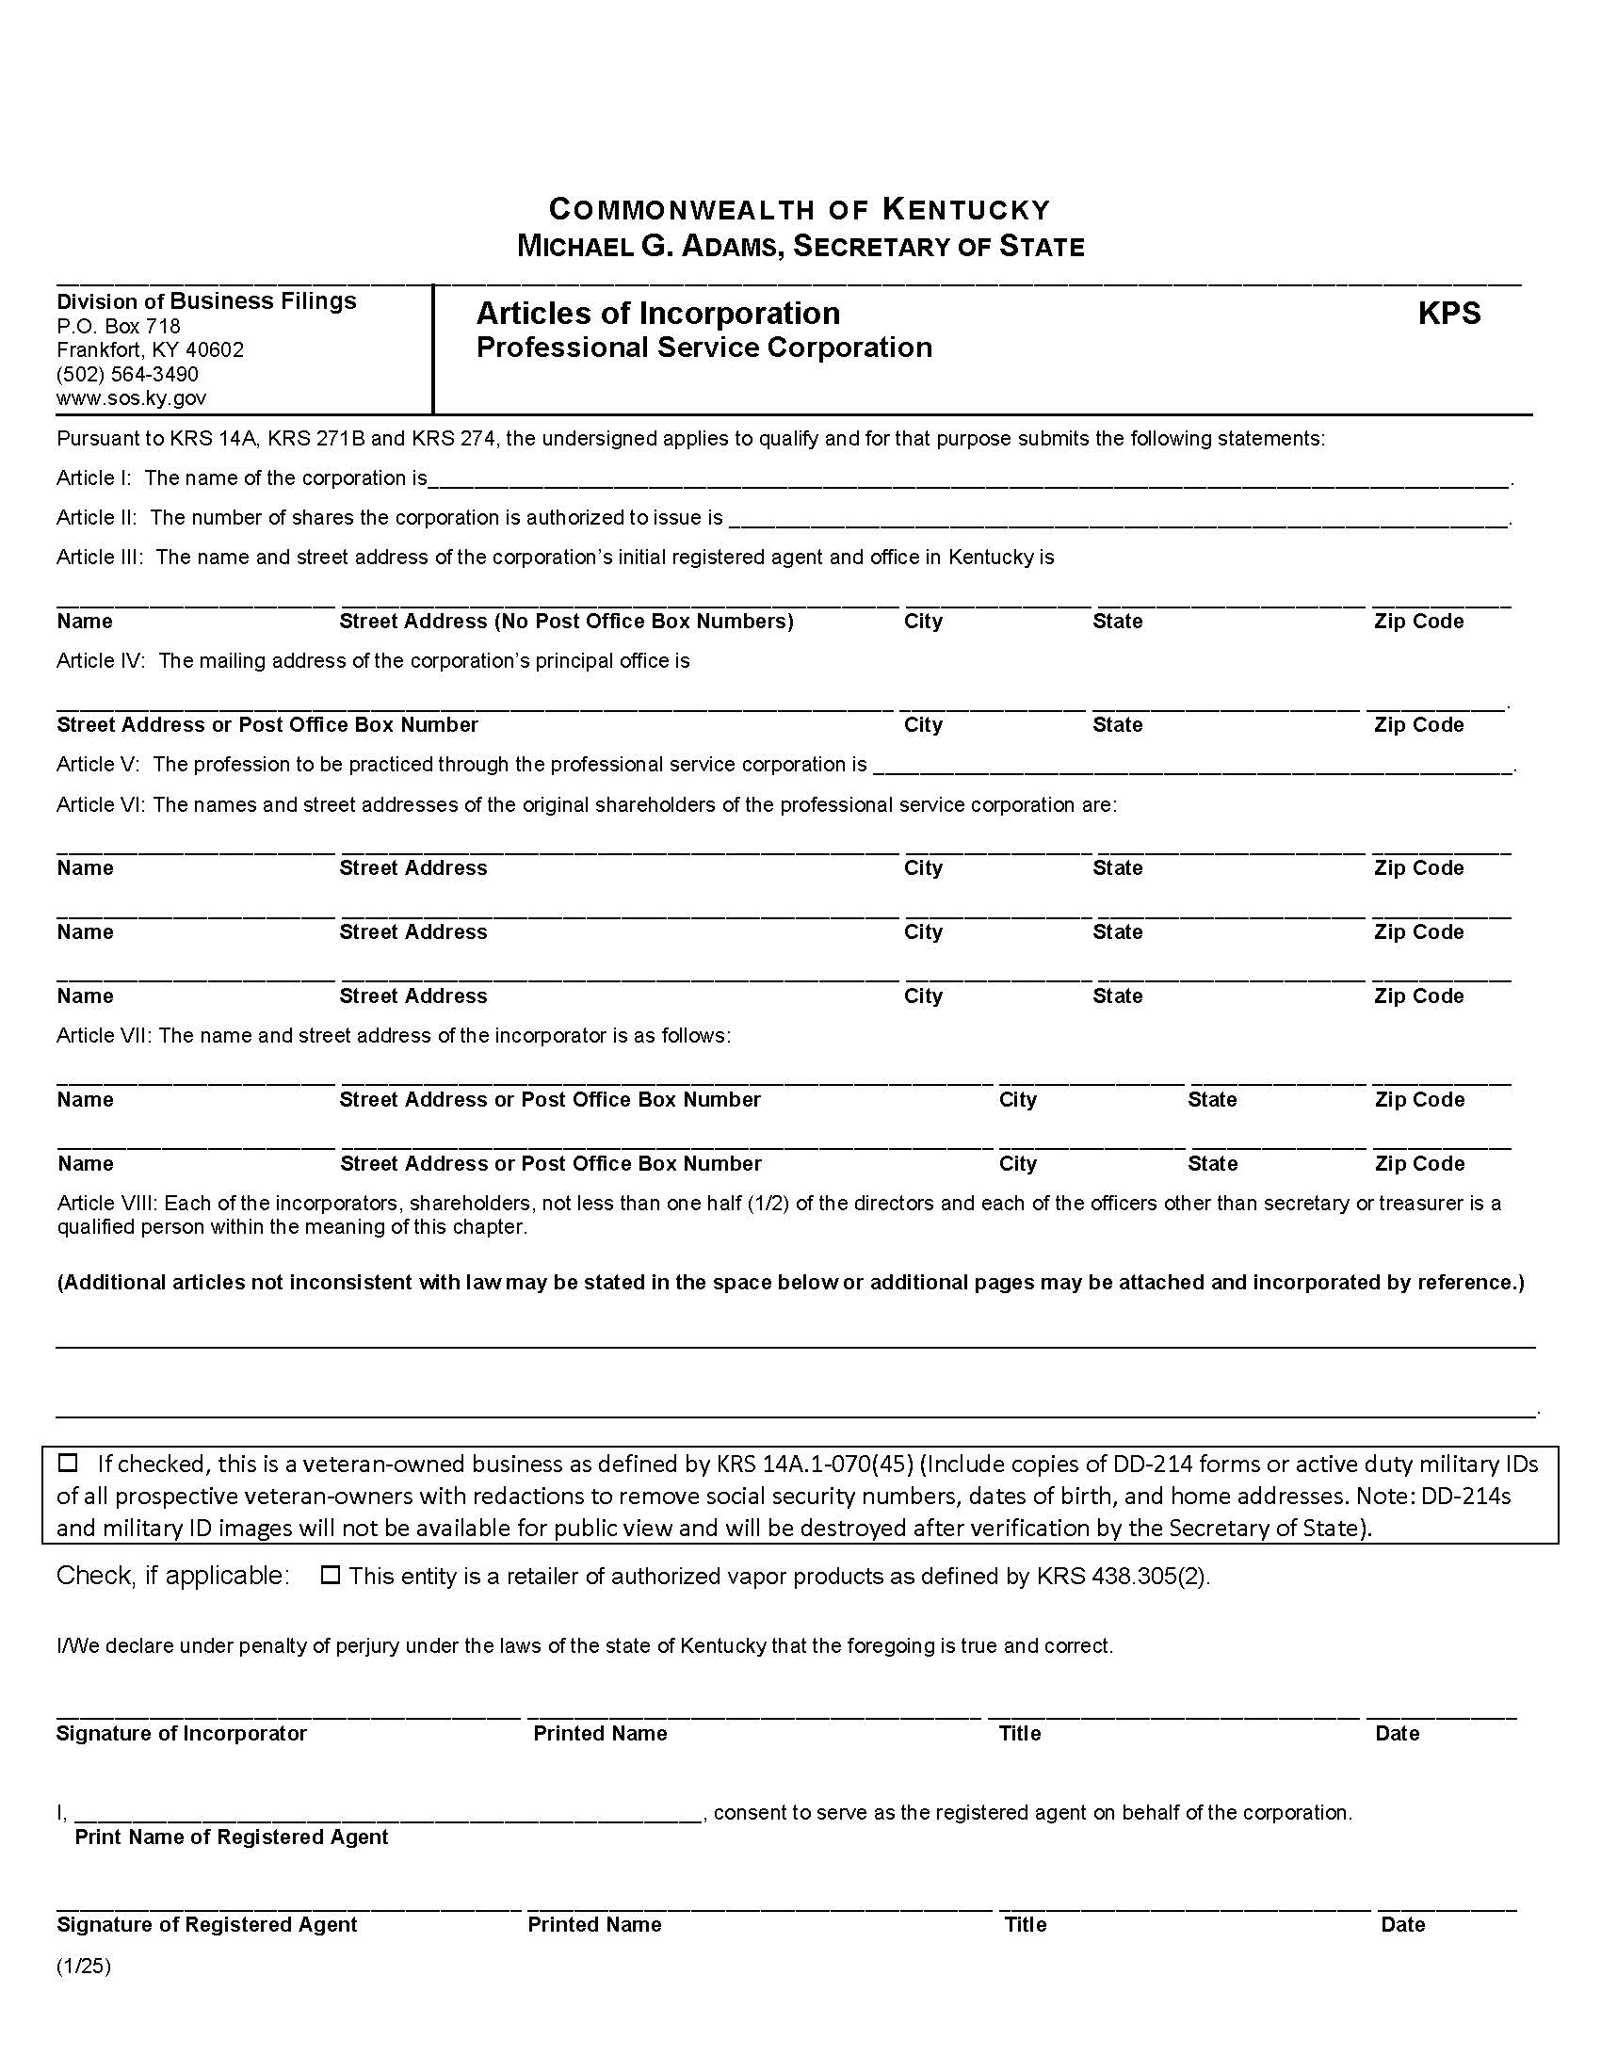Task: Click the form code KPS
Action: click(1448, 314)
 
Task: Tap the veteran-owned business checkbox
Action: click(68, 1462)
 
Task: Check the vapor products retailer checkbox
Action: click(330, 1575)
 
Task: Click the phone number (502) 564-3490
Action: click(127, 374)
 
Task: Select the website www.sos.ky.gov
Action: click(131, 398)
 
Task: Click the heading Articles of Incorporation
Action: click(657, 314)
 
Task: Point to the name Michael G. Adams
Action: click(650, 247)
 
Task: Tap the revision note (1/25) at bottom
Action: click(84, 1967)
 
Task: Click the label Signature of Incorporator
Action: click(181, 1733)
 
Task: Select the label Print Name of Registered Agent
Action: click(232, 1837)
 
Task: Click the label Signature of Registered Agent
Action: click(207, 1924)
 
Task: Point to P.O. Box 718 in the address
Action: click(119, 327)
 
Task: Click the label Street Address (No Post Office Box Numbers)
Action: click(566, 622)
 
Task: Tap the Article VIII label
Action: click(107, 1203)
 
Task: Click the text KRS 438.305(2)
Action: click(1121, 1576)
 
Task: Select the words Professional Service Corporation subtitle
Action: click(703, 348)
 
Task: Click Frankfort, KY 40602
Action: click(150, 350)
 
